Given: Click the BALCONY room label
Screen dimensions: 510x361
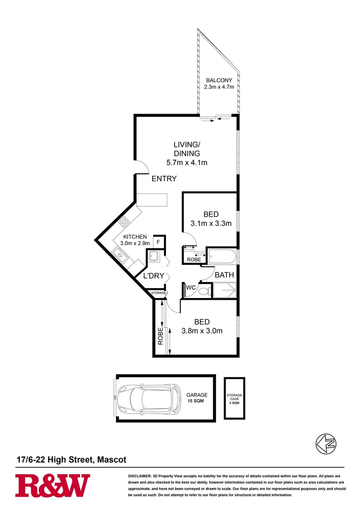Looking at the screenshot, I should (219, 80).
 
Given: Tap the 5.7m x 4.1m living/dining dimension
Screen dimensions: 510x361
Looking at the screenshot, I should (187, 163).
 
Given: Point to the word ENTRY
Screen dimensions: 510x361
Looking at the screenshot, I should (164, 179).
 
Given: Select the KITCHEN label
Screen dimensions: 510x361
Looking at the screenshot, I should (135, 237).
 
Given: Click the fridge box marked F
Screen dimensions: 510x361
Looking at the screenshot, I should (158, 242).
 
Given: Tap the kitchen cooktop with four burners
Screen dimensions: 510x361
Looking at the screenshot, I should (125, 221).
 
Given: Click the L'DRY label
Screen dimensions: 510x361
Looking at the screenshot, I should (153, 276).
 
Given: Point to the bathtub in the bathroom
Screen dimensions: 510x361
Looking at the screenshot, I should (222, 258).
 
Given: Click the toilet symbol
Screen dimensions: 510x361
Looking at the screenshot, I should (204, 291).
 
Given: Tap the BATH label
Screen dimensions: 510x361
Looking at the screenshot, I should (224, 275).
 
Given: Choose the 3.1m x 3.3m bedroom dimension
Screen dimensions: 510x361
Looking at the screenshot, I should (211, 223).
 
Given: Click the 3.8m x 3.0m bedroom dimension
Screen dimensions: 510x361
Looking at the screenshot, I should (202, 331).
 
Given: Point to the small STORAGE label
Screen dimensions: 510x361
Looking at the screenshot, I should (158, 293).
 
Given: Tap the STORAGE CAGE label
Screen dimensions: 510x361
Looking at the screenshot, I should (234, 398).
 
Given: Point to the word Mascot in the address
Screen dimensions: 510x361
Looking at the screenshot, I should (112, 459).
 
